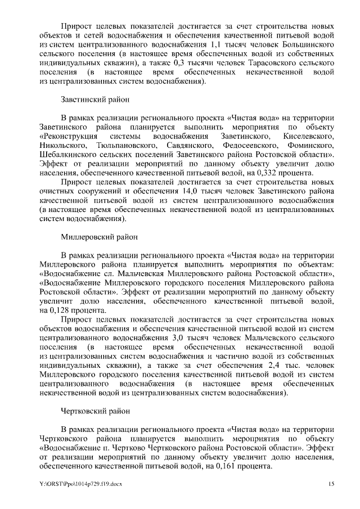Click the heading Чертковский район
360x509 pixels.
tap(94, 411)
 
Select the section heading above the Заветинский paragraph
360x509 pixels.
tap(95, 100)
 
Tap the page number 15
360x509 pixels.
tap(331, 484)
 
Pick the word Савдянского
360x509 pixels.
tap(178, 145)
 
